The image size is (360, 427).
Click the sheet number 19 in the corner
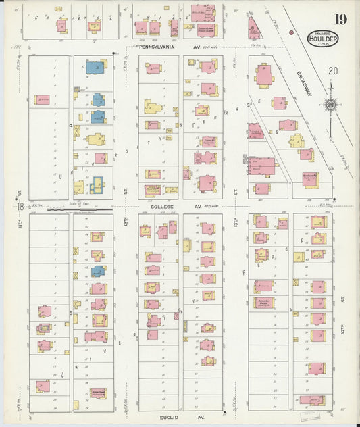click(x=339, y=18)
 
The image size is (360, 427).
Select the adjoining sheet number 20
click(x=332, y=70)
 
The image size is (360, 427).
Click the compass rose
click(x=331, y=104)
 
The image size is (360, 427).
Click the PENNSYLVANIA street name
click(x=157, y=48)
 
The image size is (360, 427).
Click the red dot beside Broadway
click(x=291, y=32)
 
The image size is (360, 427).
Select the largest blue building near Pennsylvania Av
click(x=95, y=68)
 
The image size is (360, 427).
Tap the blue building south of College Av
click(x=97, y=271)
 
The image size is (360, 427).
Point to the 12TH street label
click(x=125, y=222)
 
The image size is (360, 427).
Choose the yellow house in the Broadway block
click(x=296, y=141)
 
